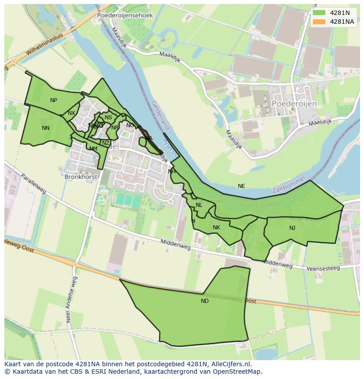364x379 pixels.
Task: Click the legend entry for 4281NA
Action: point(342,22)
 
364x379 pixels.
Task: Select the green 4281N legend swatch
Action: point(320,13)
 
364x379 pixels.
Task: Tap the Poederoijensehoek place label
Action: point(125,15)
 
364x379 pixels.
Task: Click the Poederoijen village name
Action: point(294,103)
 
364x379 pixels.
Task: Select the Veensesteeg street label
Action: point(323,268)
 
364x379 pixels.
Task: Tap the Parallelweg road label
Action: point(33,184)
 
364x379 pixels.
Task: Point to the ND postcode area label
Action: point(205,301)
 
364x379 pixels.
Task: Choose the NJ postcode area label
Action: point(292,228)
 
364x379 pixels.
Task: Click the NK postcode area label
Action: point(216,228)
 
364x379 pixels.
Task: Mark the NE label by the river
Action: point(241,186)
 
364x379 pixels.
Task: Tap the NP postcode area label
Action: point(54,100)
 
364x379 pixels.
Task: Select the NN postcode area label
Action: point(46,128)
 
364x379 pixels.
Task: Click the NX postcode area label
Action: point(71,114)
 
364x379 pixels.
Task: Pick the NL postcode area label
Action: point(199,205)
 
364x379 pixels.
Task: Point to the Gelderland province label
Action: point(160,115)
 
